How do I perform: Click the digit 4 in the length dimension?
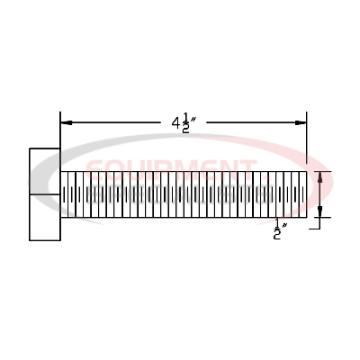pyautogui.click(x=175, y=123)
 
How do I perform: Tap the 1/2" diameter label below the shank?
pyautogui.click(x=278, y=230)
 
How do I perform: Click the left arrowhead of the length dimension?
pyautogui.click(x=66, y=124)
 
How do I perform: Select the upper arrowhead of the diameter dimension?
pyautogui.click(x=321, y=176)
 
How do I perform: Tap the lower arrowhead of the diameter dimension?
pyautogui.click(x=321, y=212)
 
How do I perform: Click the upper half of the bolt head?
pyautogui.click(x=45, y=170)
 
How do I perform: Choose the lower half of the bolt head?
pyautogui.click(x=45, y=217)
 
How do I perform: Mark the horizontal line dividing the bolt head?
pyautogui.click(x=45, y=194)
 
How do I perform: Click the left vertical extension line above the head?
pyautogui.click(x=60, y=130)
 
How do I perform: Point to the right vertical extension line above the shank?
pyautogui.click(x=307, y=135)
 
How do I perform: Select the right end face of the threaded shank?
pyautogui.click(x=306, y=194)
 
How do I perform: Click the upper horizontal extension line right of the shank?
pyautogui.click(x=319, y=171)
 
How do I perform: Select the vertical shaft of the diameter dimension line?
pyautogui.click(x=321, y=194)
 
